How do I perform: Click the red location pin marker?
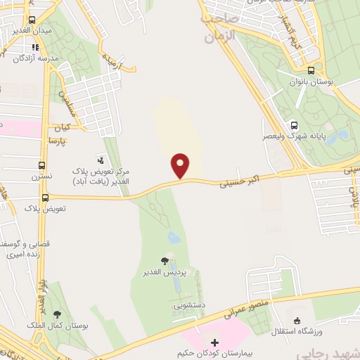pyautogui.click(x=181, y=166)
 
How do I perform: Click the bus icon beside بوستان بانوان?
pyautogui.click(x=311, y=70)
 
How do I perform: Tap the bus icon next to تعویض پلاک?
pyautogui.click(x=46, y=198)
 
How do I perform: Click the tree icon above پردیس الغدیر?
pyautogui.click(x=165, y=261)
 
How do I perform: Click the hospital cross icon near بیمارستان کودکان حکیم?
pyautogui.click(x=214, y=342)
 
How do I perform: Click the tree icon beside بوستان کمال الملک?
pyautogui.click(x=57, y=314)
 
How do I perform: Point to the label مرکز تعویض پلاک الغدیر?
pyautogui.click(x=101, y=176)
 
